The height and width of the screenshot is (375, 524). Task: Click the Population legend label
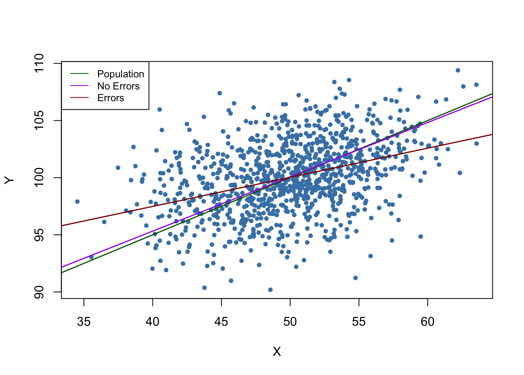(120, 74)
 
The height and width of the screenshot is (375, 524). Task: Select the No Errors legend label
(118, 86)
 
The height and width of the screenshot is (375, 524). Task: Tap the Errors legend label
(110, 98)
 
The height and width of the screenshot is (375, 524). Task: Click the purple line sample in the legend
(79, 86)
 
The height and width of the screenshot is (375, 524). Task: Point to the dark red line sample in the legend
(79, 98)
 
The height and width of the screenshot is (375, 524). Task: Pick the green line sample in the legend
(79, 74)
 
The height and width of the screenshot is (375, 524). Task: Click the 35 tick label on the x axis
(84, 321)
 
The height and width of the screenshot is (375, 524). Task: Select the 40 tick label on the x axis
(152, 321)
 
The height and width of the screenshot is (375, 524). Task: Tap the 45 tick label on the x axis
(221, 321)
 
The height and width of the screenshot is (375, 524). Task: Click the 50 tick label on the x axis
(290, 321)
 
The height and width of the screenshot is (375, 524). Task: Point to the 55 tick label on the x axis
(359, 321)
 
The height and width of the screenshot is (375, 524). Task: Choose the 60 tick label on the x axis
(427, 321)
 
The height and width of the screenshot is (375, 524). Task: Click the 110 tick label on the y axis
(39, 63)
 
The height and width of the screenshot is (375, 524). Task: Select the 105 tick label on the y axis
(39, 120)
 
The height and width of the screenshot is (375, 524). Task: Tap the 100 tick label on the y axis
(39, 178)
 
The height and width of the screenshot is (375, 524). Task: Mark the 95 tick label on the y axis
(39, 235)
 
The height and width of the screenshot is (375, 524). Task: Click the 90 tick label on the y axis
(39, 292)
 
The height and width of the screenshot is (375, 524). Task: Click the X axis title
(277, 352)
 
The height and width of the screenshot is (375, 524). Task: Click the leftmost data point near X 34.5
(77, 202)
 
